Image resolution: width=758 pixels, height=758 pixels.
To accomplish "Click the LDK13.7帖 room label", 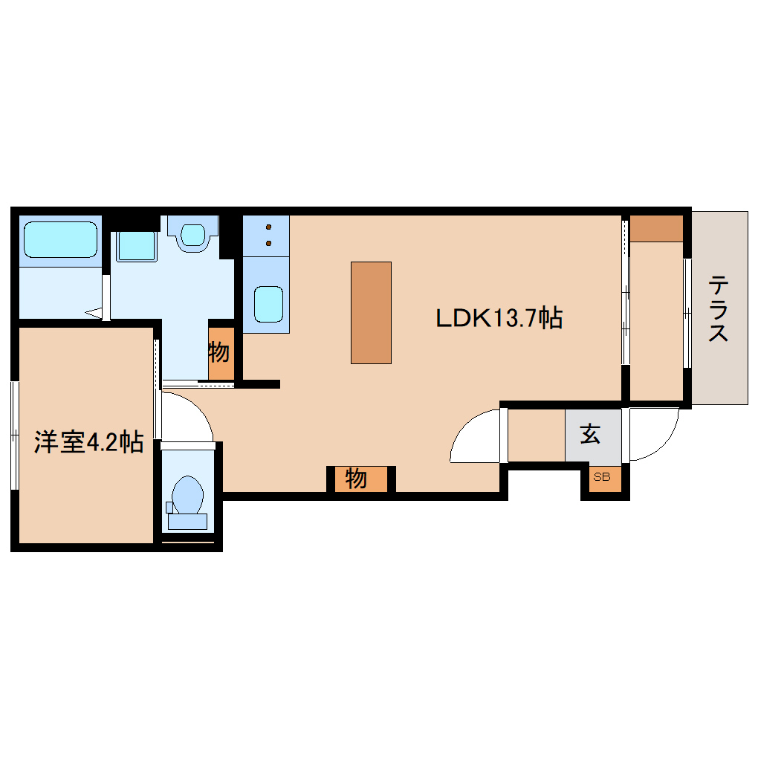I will click(x=498, y=318).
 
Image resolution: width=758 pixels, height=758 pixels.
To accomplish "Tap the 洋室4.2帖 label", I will click(x=88, y=443).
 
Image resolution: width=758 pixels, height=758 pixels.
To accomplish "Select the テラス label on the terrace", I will click(x=718, y=308).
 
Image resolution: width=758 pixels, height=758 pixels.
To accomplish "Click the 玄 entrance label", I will click(x=591, y=435).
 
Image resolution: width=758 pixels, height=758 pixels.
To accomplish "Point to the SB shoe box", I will click(x=601, y=478).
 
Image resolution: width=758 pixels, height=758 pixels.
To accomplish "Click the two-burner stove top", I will click(x=266, y=235).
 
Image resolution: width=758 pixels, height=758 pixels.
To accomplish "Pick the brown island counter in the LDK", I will click(x=371, y=312).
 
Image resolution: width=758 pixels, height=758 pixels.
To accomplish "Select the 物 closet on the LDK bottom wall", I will click(x=357, y=479).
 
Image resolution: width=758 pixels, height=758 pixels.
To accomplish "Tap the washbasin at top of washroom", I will click(x=192, y=234).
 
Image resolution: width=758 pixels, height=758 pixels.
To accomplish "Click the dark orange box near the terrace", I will click(x=656, y=228).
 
